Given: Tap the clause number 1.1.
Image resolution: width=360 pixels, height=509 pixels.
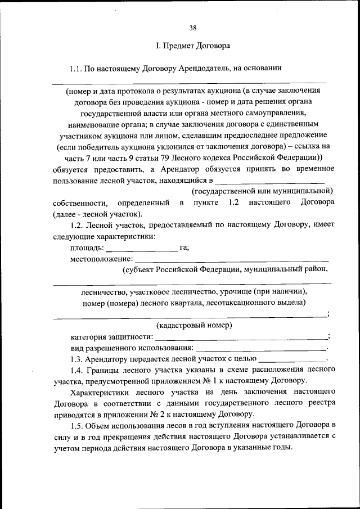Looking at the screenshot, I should click(76, 69).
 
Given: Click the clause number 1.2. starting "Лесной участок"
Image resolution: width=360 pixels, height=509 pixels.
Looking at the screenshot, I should click(76, 225).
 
